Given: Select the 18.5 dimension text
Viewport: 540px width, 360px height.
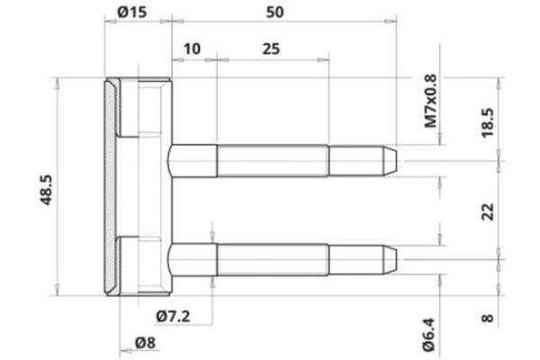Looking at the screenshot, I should [486, 120].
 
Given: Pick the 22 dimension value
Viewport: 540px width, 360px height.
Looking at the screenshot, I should [486, 211].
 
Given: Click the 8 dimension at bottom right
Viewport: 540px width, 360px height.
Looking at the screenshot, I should [486, 317].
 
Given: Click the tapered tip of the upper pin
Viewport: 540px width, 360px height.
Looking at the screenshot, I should [390, 162].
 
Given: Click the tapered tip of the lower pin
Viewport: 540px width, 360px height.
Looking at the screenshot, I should [390, 259].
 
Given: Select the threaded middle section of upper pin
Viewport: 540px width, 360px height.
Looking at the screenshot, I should [272, 162].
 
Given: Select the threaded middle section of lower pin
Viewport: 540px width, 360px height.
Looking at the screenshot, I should [272, 259].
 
